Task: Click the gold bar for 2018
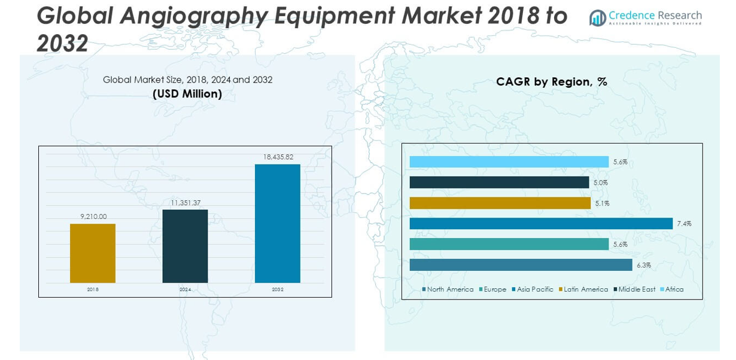click(x=93, y=253)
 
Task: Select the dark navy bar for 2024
click(x=185, y=246)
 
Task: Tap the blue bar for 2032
click(x=278, y=223)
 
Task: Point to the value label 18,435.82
click(x=278, y=157)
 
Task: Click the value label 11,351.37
click(x=185, y=203)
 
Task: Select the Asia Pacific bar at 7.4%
click(x=541, y=224)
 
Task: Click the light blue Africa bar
click(x=509, y=162)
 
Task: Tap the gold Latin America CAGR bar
click(x=500, y=203)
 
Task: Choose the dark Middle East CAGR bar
click(x=499, y=182)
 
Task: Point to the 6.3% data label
click(x=644, y=265)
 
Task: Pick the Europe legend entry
click(x=492, y=289)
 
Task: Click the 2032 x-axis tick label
click(x=278, y=289)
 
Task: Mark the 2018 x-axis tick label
click(x=93, y=289)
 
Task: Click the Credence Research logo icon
click(x=597, y=18)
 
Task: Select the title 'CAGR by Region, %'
click(x=551, y=82)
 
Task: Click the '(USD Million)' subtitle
click(x=187, y=94)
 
